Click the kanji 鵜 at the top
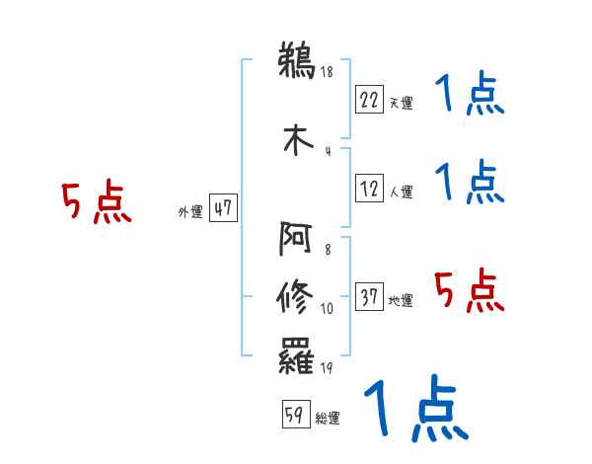(x=297, y=61)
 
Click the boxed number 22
(x=369, y=100)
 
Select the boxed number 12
(x=369, y=190)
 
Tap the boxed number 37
(x=369, y=298)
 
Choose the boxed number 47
(x=223, y=208)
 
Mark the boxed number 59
(x=294, y=415)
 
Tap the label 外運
(x=190, y=211)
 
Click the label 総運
(x=327, y=419)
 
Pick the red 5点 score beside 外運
(x=96, y=202)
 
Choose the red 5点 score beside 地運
(x=469, y=290)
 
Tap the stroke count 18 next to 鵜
(x=327, y=72)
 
